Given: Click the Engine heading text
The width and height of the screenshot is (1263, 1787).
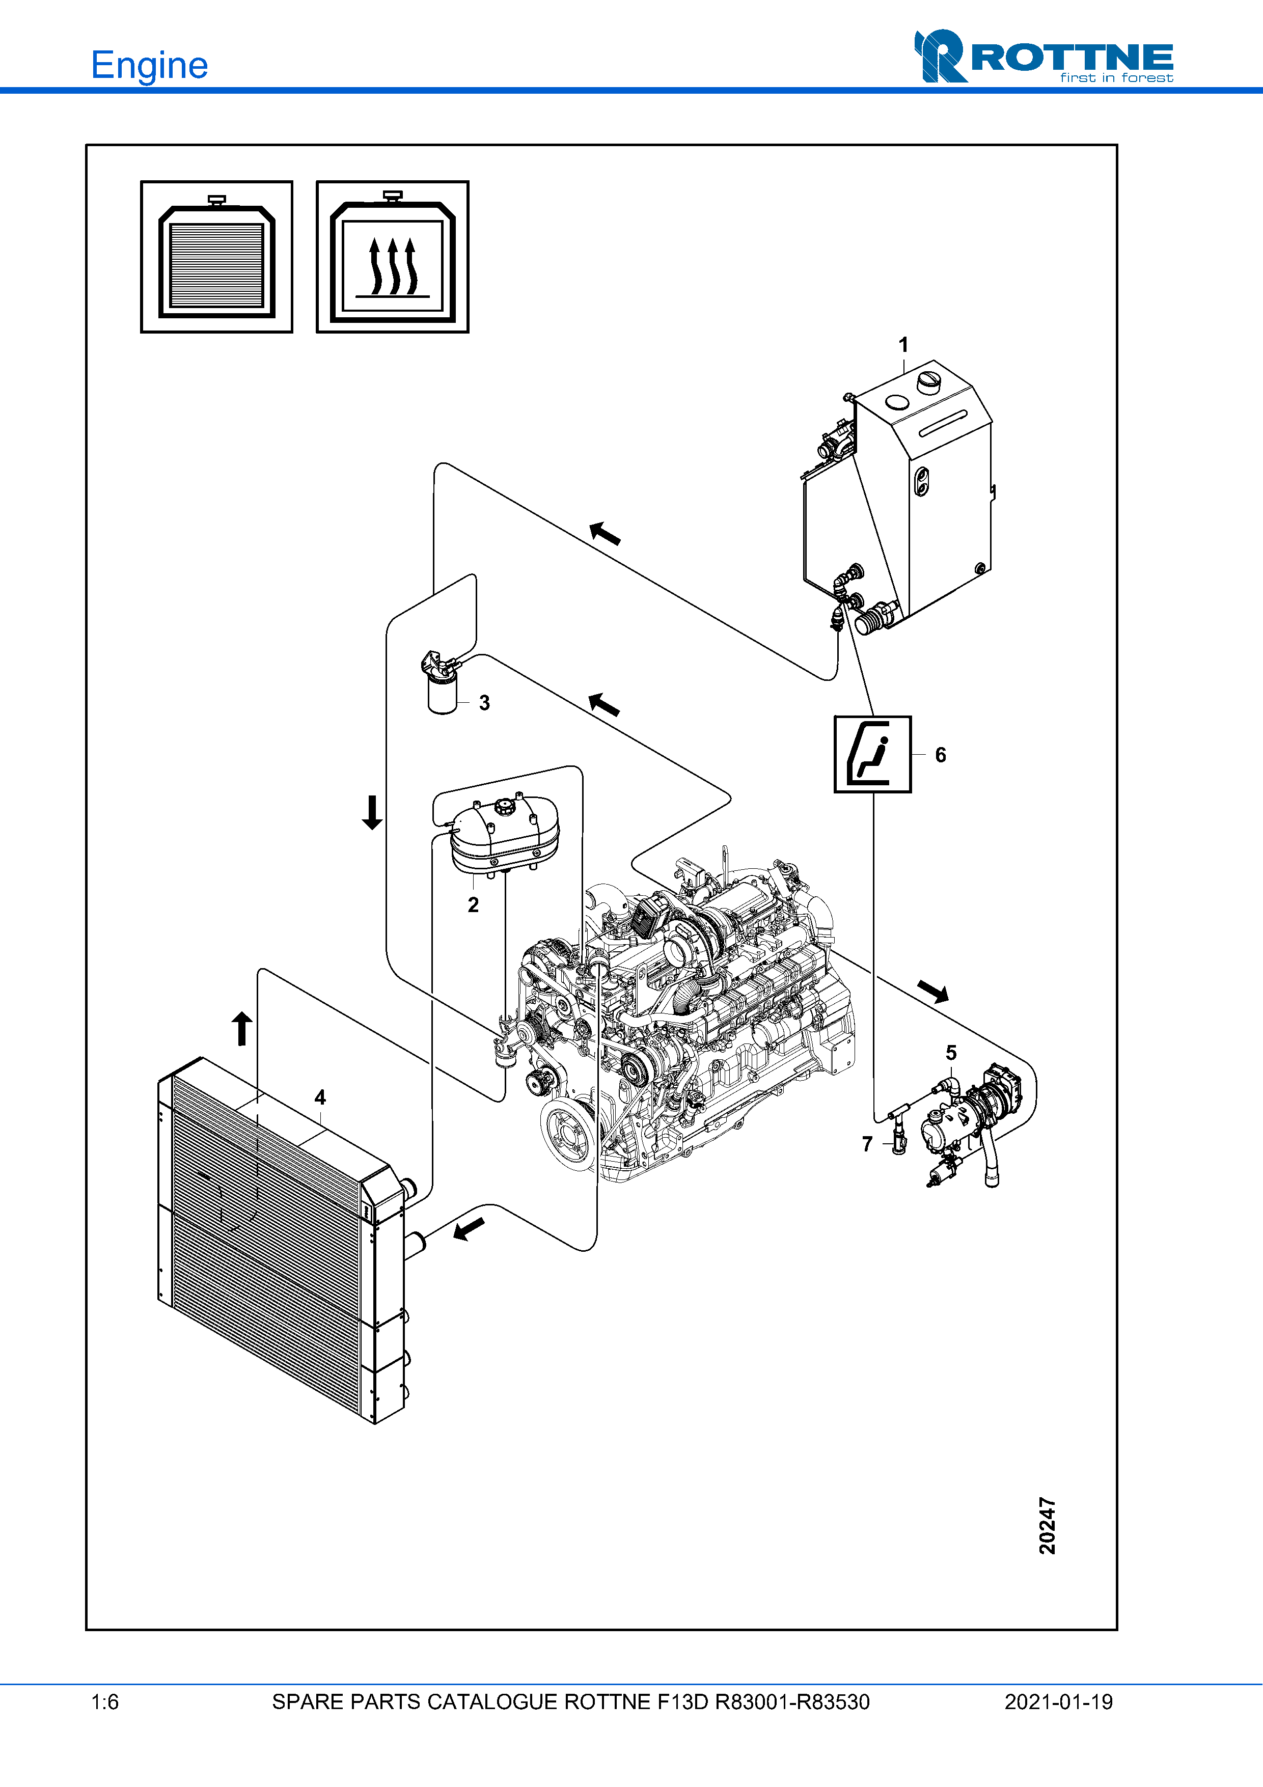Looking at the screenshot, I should (149, 65).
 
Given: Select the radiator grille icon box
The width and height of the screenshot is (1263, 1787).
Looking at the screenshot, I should (216, 257).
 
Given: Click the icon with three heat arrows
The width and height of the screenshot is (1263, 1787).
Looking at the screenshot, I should (392, 257).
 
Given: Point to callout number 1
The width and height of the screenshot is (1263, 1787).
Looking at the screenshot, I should (903, 344).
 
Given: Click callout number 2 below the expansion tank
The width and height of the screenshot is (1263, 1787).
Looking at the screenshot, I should (473, 904).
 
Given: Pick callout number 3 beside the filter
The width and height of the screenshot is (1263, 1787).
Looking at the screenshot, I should (484, 703).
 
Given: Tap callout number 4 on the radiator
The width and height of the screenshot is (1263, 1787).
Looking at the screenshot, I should (320, 1097).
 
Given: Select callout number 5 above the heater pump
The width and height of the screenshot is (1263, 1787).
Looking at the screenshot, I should (951, 1053).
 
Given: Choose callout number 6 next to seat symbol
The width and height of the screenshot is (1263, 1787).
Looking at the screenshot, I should (941, 755).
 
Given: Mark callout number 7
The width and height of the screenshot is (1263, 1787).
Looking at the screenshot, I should (868, 1144).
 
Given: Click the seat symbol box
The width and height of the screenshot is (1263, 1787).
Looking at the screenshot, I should (872, 754).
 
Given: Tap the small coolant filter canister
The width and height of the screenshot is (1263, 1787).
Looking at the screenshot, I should (442, 693).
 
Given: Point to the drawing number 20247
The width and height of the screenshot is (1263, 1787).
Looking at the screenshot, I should (1048, 1525).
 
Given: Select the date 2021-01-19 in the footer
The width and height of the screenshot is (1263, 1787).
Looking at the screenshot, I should (1058, 1702).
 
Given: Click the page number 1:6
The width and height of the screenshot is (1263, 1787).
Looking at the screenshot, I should (105, 1702).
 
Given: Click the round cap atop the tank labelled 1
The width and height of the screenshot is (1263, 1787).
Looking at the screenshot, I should (929, 381).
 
